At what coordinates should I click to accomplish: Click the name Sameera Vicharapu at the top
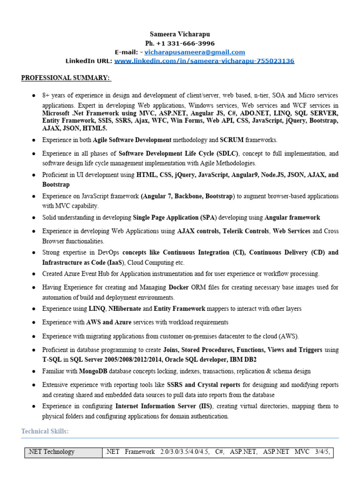click(x=180, y=34)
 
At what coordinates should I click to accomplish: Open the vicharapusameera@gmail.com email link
click(x=195, y=52)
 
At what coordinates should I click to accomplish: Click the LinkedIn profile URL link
click(x=204, y=61)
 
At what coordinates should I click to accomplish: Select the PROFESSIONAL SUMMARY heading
click(x=66, y=77)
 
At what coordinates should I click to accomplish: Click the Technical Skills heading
click(x=45, y=431)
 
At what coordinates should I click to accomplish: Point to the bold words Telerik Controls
click(x=247, y=231)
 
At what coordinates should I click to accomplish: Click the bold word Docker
click(x=179, y=287)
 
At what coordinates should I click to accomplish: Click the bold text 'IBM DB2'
click(x=244, y=359)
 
